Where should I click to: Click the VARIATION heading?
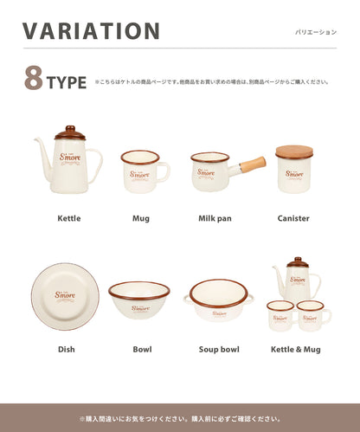pos(92,31)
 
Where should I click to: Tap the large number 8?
pos(35,77)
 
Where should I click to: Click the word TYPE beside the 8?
pos(67,83)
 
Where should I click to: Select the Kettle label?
pos(69,218)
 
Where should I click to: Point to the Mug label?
pos(140,218)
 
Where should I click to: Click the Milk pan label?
pos(215,218)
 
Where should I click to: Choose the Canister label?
pos(293,218)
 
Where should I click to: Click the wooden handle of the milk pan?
pos(253,164)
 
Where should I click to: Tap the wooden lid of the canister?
pos(294,152)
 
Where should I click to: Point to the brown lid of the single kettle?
pos(70,134)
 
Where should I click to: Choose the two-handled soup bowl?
pos(219,300)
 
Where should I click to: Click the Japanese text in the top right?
pos(316,32)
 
